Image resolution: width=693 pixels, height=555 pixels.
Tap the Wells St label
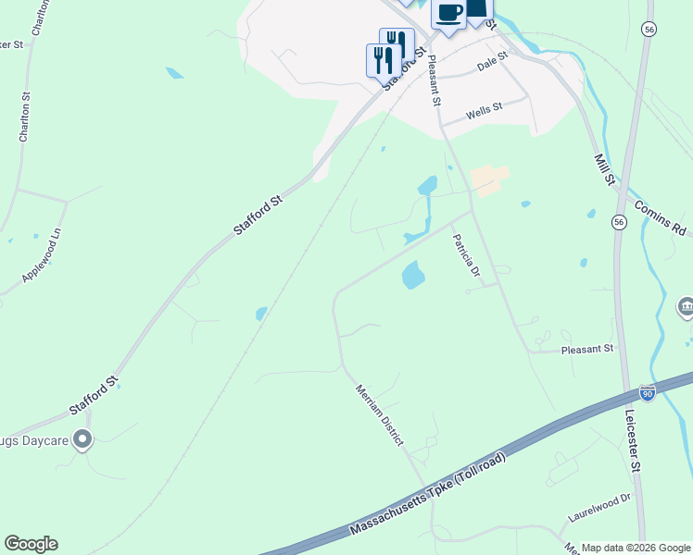(x=484, y=112)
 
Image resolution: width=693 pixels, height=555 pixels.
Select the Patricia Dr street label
(x=466, y=255)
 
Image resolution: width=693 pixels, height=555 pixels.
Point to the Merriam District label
(x=380, y=415)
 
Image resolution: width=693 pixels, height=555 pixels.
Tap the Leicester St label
(x=635, y=442)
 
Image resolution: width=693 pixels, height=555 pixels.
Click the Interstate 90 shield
(x=648, y=393)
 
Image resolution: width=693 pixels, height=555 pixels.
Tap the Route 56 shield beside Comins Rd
(x=619, y=222)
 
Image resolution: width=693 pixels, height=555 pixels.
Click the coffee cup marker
(x=449, y=14)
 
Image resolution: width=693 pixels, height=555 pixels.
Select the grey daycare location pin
(x=83, y=439)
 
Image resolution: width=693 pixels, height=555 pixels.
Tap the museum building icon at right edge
(x=686, y=306)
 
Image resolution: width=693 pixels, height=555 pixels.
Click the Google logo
(x=31, y=544)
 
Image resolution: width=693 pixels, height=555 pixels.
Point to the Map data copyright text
(x=636, y=548)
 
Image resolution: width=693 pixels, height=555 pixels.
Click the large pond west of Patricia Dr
(x=412, y=275)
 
